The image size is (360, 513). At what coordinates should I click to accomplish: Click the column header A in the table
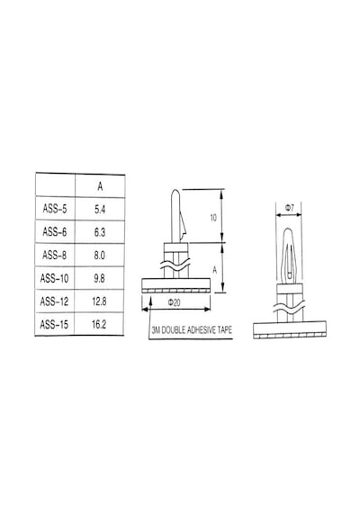(x=100, y=186)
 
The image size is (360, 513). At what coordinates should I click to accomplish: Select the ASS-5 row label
(x=55, y=209)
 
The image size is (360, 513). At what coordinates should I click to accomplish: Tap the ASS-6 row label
(x=55, y=232)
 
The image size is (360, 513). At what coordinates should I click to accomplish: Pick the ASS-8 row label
(x=54, y=255)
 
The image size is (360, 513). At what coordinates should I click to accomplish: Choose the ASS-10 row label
(x=54, y=278)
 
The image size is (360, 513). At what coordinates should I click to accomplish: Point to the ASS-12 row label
(x=54, y=301)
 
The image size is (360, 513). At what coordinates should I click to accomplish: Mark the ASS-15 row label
(x=54, y=325)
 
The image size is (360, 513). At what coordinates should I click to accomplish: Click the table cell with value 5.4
(x=100, y=210)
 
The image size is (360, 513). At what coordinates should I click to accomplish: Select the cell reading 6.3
(x=100, y=232)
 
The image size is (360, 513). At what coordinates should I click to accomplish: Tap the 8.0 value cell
(x=100, y=256)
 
